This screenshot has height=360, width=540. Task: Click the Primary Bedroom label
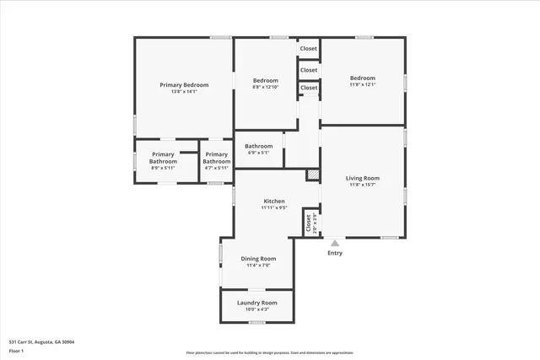pyautogui.click(x=184, y=84)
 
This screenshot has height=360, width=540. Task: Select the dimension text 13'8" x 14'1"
pyautogui.click(x=184, y=92)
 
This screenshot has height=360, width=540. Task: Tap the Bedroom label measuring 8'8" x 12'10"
pyautogui.click(x=265, y=80)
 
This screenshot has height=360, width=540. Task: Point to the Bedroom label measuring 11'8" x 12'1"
pyautogui.click(x=362, y=78)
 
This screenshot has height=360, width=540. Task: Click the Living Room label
pyautogui.click(x=362, y=178)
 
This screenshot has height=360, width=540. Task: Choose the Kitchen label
pyautogui.click(x=275, y=201)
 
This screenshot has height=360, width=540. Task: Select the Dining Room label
pyautogui.click(x=259, y=259)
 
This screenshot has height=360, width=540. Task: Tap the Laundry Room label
pyautogui.click(x=257, y=303)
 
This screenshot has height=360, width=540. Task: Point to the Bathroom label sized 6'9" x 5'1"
pyautogui.click(x=259, y=146)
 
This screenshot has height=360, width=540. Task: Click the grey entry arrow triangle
pyautogui.click(x=335, y=243)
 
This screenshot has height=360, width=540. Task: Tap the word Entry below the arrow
pyautogui.click(x=335, y=253)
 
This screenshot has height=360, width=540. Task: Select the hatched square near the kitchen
pyautogui.click(x=313, y=175)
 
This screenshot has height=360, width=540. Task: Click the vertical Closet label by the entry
pyautogui.click(x=308, y=222)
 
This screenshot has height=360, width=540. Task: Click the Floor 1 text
pyautogui.click(x=16, y=351)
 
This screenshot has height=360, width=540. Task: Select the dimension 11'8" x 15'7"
pyautogui.click(x=362, y=185)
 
